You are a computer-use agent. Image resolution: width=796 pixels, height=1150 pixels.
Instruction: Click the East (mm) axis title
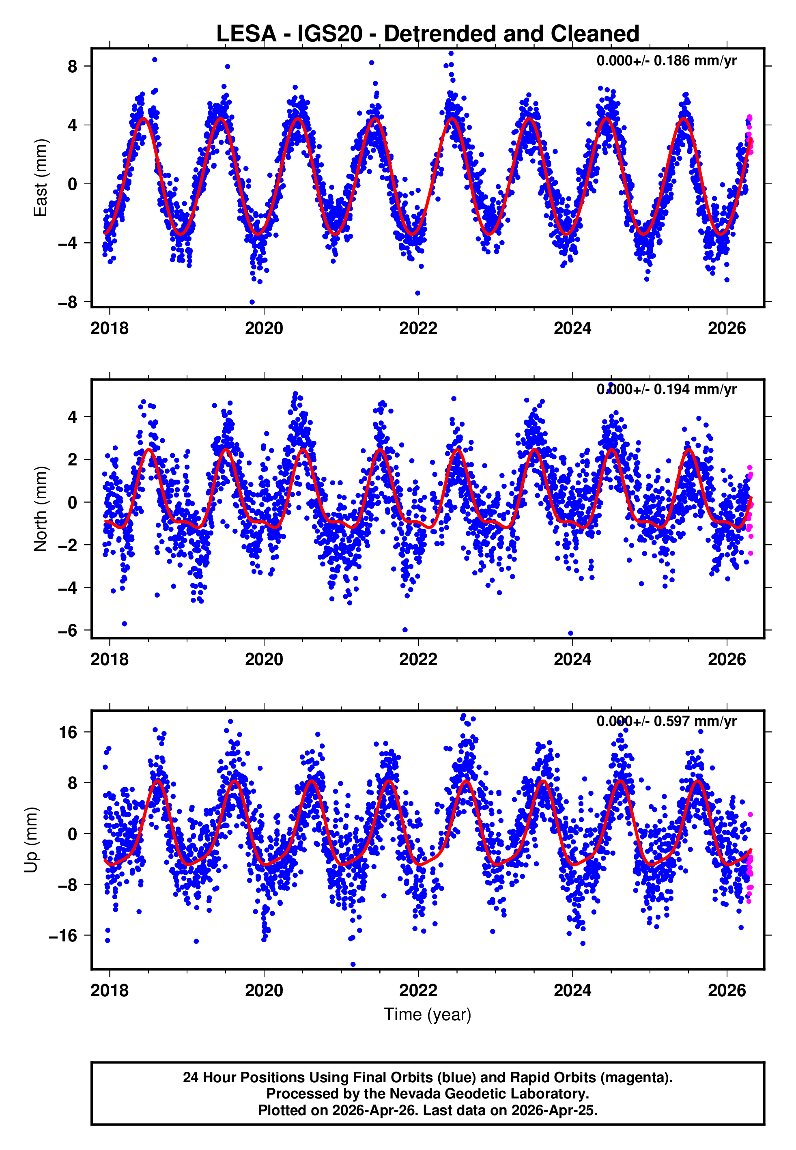coord(40,178)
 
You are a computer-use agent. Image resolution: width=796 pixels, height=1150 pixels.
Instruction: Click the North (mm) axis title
coord(40,509)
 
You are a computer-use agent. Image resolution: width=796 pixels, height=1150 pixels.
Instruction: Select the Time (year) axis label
coord(428,1015)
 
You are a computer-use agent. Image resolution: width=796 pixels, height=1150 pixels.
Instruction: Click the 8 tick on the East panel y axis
coord(72,66)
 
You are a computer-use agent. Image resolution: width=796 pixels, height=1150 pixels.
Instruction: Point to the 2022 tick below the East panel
coord(418,329)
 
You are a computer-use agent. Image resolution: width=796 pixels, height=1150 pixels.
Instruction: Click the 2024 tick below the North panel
coord(572,660)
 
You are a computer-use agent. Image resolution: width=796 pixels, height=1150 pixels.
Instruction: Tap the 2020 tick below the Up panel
coord(264,991)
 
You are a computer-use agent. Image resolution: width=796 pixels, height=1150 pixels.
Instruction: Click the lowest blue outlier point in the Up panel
coord(353,964)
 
